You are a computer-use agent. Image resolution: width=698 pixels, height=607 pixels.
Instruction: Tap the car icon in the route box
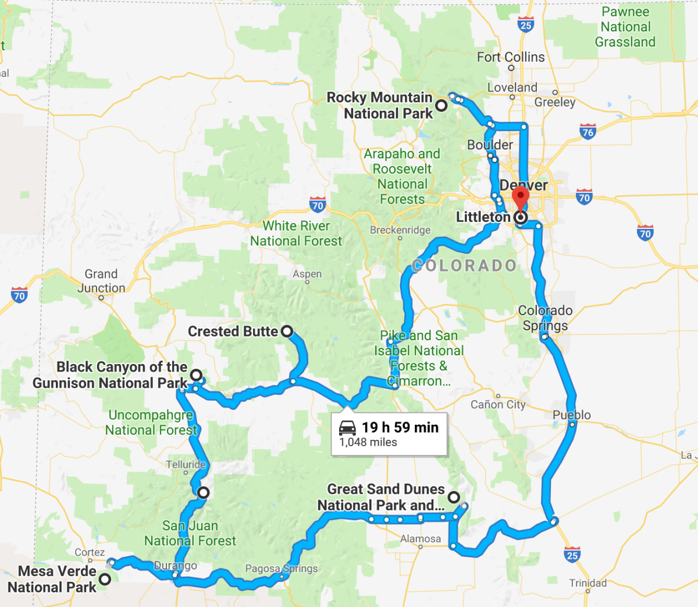(347, 428)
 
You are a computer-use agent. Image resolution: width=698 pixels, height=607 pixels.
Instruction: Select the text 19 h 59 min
(400, 428)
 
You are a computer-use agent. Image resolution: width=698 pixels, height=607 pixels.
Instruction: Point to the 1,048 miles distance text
(368, 443)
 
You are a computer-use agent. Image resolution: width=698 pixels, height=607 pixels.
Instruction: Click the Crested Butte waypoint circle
(287, 331)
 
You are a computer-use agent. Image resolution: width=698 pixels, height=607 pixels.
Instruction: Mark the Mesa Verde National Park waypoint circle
(105, 579)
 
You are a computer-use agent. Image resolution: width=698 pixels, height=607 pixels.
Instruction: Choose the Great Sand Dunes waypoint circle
(453, 497)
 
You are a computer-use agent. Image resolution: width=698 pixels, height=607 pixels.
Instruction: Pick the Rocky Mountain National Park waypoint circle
(441, 105)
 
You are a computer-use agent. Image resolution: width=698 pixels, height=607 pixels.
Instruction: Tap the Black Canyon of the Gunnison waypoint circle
(196, 375)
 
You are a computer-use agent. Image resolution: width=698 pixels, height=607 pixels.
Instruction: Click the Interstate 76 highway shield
(588, 132)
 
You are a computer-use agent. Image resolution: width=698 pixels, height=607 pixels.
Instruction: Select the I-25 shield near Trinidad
(572, 555)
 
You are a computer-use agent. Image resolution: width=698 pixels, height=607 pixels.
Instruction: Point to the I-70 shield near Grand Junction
(19, 295)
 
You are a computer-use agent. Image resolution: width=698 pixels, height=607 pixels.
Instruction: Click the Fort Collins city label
(511, 57)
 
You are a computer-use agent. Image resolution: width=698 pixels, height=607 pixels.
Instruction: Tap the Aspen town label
(307, 274)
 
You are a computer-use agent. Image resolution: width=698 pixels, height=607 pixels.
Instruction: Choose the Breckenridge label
(400, 230)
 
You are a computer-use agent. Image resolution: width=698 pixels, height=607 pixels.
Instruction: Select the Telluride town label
(186, 464)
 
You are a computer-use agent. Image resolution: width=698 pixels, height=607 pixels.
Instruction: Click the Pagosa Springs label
(282, 569)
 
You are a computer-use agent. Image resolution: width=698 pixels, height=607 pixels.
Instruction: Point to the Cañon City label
(498, 404)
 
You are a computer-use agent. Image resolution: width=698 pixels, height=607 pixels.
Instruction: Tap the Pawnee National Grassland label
(625, 27)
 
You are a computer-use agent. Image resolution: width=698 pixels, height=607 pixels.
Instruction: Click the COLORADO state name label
(464, 266)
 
